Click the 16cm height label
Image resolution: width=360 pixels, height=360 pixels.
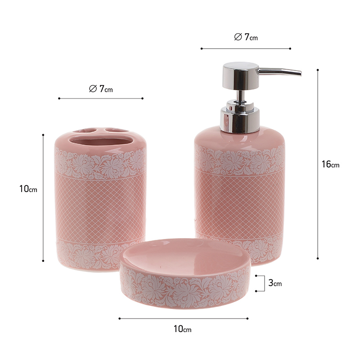click(x=330, y=164)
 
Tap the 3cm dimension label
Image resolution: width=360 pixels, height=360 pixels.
click(x=275, y=283)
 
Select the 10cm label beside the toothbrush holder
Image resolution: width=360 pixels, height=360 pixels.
click(x=28, y=189)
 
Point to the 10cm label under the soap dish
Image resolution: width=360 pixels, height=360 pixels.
click(x=182, y=329)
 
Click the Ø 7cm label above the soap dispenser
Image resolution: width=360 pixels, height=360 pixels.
click(x=246, y=37)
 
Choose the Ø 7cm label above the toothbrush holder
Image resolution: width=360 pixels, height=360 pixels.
click(x=101, y=89)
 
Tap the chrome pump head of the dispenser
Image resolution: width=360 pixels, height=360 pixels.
click(x=240, y=75)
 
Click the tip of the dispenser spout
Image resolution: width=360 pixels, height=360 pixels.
click(x=301, y=73)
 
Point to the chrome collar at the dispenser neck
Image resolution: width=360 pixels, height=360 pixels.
click(x=240, y=116)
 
